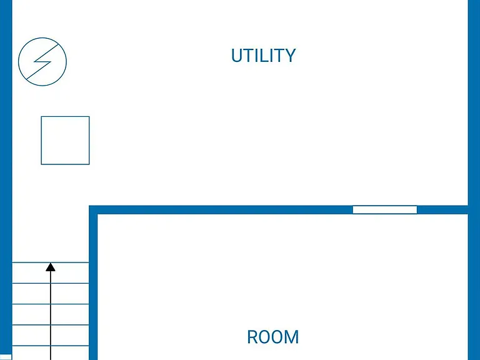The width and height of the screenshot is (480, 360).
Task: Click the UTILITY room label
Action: coord(263,56)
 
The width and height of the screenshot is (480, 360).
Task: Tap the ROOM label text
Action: coord(272,337)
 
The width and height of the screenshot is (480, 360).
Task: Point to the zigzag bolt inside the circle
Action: coord(42,61)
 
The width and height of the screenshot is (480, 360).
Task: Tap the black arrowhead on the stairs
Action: coord(51,267)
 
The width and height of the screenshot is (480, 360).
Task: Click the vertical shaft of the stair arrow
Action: coord(51,315)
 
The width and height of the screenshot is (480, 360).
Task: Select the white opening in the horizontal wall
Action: coord(385,210)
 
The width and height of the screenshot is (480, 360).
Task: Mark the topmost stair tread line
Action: coord(51,262)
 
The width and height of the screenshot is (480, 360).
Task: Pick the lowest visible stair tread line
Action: coord(51,346)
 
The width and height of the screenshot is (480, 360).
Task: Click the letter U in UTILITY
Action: coord(237,56)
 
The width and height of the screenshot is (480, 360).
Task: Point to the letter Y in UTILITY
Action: coord(289,56)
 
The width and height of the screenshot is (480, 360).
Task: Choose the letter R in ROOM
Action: coord(253,337)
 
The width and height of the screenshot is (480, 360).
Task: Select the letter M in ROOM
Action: coord(292,337)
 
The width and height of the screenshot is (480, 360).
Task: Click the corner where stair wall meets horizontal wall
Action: coord(93,210)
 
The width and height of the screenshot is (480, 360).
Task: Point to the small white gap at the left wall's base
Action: coord(6,357)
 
